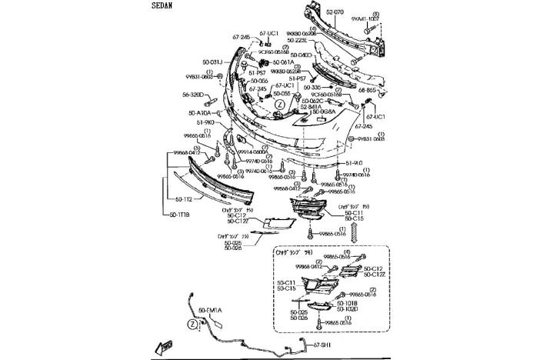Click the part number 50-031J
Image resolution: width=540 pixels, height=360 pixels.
coord(212,62)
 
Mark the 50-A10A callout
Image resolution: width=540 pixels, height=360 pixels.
coord(199,112)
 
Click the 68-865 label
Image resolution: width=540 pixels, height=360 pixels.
coord(368,90)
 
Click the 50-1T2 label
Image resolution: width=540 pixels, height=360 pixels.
coord(181,200)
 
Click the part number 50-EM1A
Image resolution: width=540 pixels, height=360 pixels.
coord(208,310)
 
